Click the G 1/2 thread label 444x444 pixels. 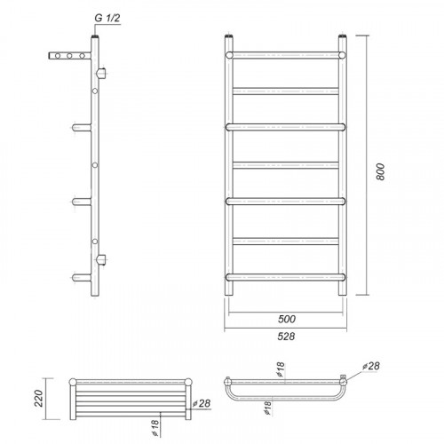(107, 18)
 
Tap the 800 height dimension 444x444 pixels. (380, 171)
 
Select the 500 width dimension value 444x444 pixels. (287, 319)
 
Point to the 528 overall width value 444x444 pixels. (286, 337)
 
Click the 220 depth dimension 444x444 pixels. (39, 399)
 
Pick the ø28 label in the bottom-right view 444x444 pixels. (371, 366)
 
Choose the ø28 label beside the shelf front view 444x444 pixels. (202, 403)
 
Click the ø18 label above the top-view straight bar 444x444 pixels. (280, 369)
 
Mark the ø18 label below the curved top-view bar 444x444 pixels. (267, 408)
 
